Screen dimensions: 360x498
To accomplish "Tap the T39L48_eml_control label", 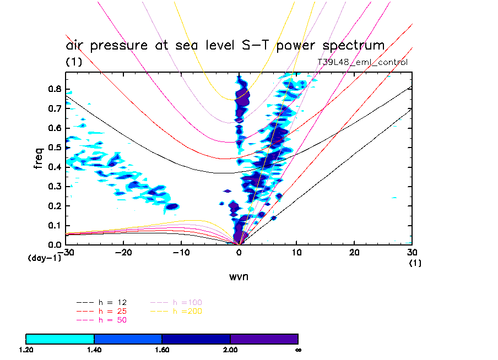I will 362,62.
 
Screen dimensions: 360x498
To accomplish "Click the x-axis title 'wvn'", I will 239,276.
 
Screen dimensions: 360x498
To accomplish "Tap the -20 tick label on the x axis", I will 123,252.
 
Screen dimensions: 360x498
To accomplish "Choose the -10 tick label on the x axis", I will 181,252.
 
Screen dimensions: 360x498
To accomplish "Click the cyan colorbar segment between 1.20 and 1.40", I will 60,339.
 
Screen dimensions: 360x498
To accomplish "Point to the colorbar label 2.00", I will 230,350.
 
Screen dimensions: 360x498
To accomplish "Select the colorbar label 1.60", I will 162,350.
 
